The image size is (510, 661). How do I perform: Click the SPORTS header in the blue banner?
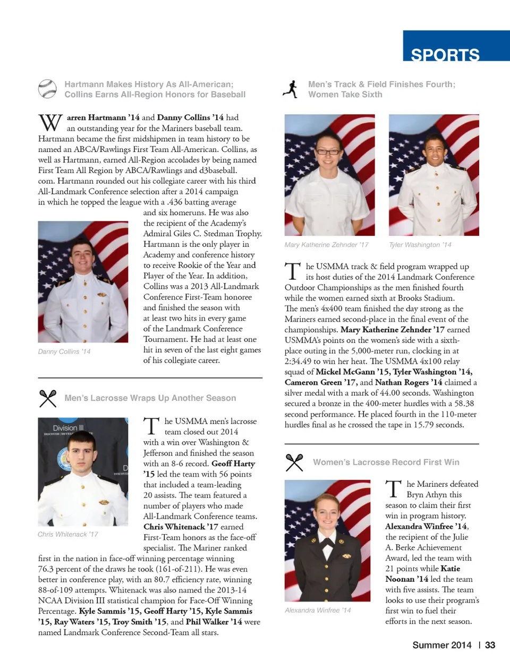pyautogui.click(x=445, y=54)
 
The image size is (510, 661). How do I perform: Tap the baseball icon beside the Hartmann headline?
pyautogui.click(x=47, y=89)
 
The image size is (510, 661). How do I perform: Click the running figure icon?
pyautogui.click(x=291, y=89)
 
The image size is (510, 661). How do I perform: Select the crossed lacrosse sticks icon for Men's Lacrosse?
pyautogui.click(x=48, y=398)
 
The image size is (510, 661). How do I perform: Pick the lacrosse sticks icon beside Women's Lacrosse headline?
pyautogui.click(x=294, y=462)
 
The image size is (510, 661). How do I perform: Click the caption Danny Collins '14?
pyautogui.click(x=64, y=351)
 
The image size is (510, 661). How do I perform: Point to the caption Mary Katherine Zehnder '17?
pyautogui.click(x=326, y=245)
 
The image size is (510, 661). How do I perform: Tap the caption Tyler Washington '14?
pyautogui.click(x=420, y=245)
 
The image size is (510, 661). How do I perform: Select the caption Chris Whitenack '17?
pyautogui.click(x=68, y=534)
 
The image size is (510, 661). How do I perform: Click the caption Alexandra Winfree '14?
pyautogui.click(x=318, y=611)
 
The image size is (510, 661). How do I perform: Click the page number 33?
pyautogui.click(x=490, y=645)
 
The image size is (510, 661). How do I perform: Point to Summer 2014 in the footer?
pyautogui.click(x=442, y=645)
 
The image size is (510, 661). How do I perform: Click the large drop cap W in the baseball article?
pyautogui.click(x=50, y=123)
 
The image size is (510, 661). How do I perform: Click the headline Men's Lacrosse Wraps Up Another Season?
pyautogui.click(x=150, y=398)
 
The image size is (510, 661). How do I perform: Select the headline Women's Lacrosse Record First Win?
pyautogui.click(x=386, y=462)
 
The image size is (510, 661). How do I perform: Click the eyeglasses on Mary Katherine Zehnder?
pyautogui.click(x=329, y=151)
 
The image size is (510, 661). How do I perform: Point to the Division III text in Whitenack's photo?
pyautogui.click(x=68, y=428)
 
